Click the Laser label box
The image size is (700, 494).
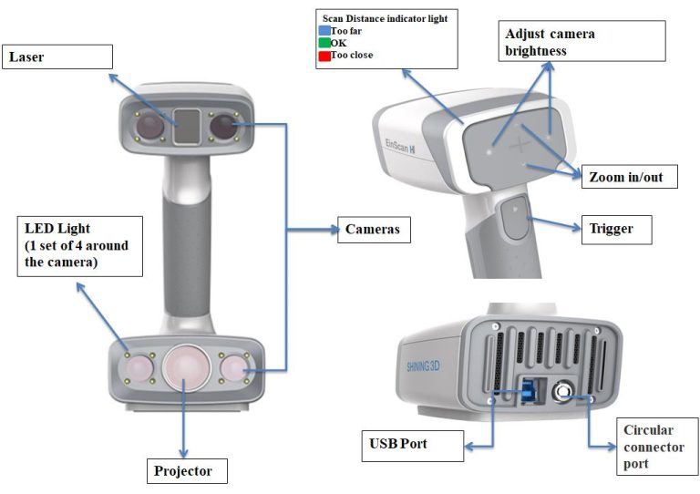[x=59, y=57]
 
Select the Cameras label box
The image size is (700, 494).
[x=374, y=229]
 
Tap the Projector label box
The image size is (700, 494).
[x=186, y=470]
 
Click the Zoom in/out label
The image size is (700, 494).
[x=629, y=177]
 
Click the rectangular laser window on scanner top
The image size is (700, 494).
[x=186, y=126]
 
